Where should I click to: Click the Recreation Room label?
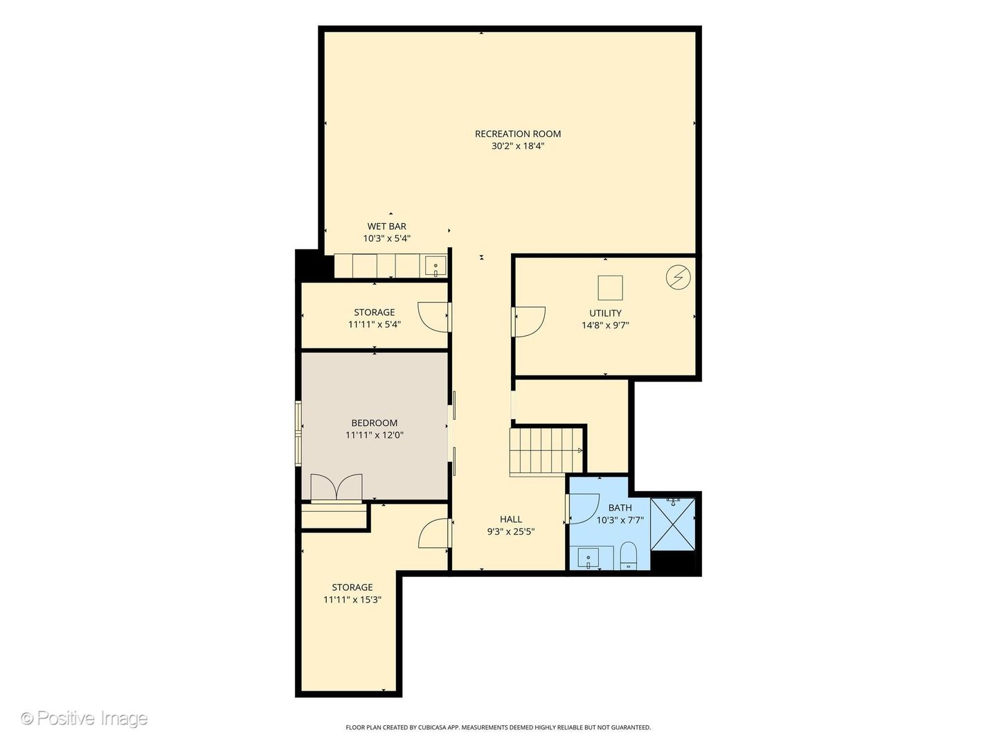518,134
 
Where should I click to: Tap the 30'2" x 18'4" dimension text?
518,146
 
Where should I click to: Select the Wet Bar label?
386,226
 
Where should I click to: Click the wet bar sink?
435,266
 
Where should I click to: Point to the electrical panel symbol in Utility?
678,277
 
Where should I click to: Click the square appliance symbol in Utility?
610,287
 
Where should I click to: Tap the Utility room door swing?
529,322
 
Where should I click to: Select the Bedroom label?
375,422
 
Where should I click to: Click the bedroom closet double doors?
336,488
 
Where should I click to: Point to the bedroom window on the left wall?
298,434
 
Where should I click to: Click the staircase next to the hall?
546,452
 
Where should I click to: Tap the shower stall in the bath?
673,524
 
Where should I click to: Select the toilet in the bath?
629,555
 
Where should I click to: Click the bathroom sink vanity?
589,558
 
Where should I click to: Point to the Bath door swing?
583,508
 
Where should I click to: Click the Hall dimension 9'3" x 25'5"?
511,532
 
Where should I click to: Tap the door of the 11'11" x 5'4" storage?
435,317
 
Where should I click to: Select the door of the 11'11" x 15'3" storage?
435,533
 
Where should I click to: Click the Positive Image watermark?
84,718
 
